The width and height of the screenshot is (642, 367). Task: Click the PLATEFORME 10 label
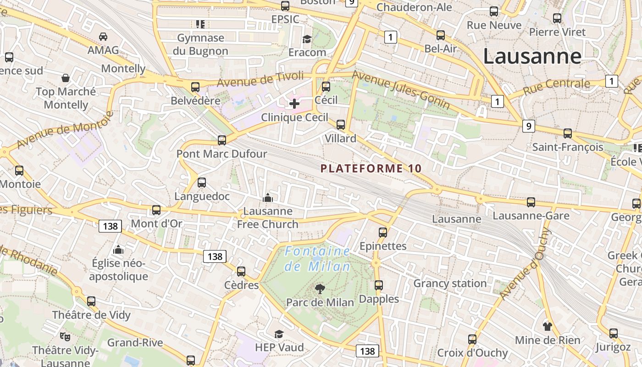pos(371,168)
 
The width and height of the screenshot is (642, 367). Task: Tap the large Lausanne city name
pos(532,56)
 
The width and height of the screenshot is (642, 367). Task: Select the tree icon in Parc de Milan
pos(320,289)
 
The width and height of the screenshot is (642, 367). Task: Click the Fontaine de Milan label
pos(317,259)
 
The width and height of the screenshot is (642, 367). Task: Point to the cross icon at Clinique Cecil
pos(294,104)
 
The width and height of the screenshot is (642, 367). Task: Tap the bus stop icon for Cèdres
pos(241,271)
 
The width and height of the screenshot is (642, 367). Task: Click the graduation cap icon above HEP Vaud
pos(279,334)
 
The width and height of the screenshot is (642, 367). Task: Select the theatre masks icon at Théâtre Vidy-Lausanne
pos(65,337)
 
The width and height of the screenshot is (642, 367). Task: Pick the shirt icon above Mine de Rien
pos(547,326)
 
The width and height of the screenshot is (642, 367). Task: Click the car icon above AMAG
pos(103,36)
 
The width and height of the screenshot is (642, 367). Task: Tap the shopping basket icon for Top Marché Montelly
pos(66,78)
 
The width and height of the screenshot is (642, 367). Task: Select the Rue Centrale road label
pos(556,86)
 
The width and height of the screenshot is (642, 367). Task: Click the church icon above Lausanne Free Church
pos(267,198)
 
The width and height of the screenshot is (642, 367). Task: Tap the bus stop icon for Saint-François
pos(568,133)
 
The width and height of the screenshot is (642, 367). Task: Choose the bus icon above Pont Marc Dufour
pos(222,140)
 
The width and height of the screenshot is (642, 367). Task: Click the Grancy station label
pos(450,283)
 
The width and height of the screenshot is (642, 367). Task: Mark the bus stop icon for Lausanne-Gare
pos(531,202)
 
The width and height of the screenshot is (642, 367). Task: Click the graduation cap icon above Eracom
pos(307,39)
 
